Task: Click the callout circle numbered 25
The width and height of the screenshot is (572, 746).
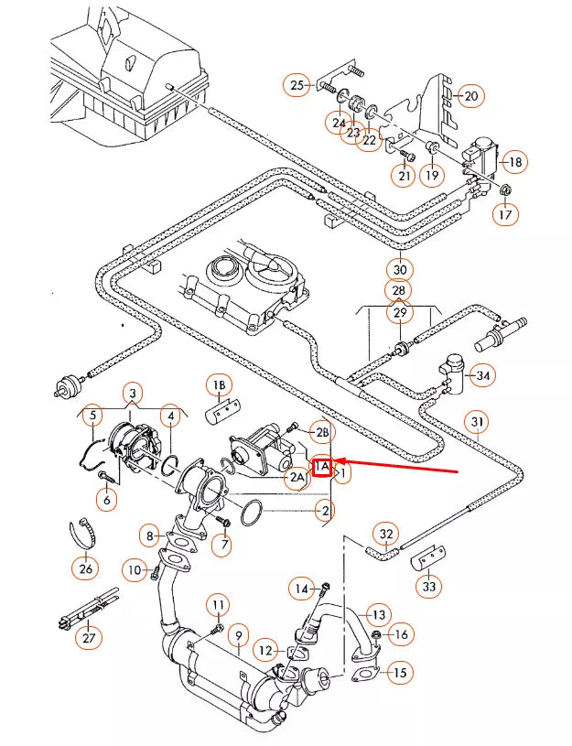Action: click(297, 85)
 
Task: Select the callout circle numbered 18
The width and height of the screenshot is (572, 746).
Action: click(514, 162)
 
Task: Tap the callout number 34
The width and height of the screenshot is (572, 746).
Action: click(483, 374)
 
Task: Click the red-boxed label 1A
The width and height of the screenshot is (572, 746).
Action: click(321, 468)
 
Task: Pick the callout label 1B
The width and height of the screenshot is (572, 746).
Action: click(220, 385)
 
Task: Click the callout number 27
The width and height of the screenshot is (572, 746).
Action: click(88, 638)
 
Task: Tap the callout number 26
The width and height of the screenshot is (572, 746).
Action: click(86, 568)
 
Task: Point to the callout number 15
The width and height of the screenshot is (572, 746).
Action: click(398, 673)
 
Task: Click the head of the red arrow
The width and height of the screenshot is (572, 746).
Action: click(336, 461)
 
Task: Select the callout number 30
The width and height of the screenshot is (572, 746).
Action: click(399, 269)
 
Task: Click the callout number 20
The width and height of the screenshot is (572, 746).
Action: click(469, 95)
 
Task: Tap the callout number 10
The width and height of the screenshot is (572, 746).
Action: click(135, 570)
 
